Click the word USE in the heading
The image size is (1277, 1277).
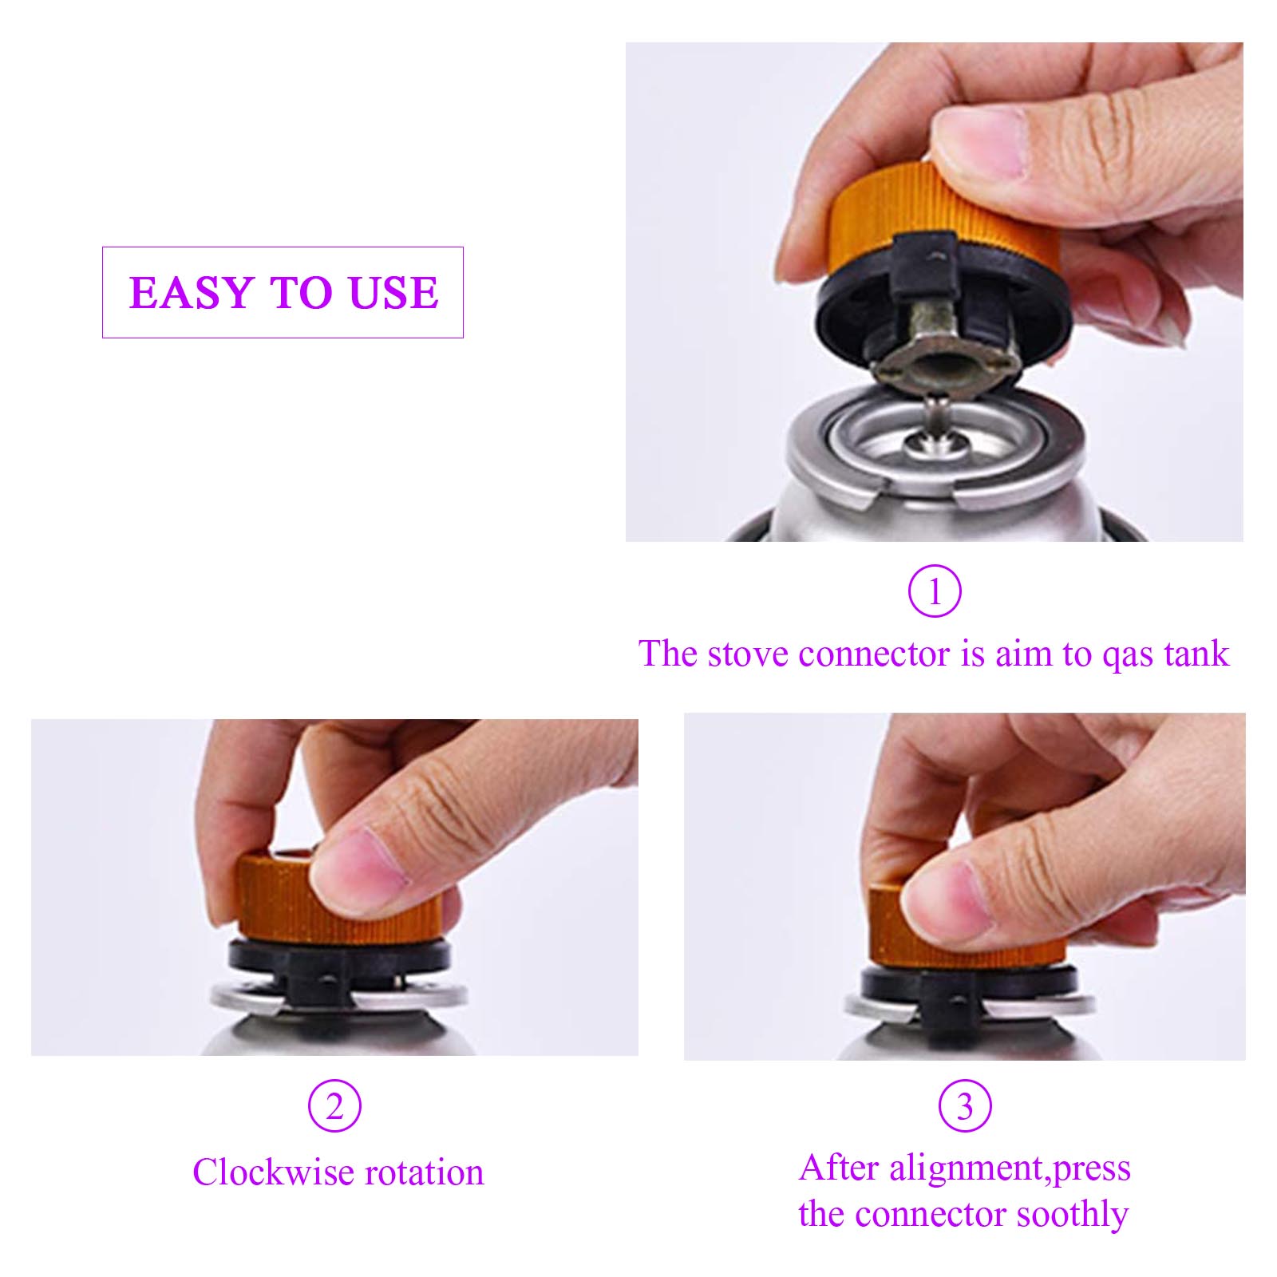pos(393,292)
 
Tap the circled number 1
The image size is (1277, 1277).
pos(935,591)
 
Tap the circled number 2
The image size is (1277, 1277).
pos(334,1106)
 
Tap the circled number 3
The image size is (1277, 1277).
pos(964,1106)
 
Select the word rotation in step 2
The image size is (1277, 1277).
pos(423,1172)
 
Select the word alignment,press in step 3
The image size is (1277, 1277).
pos(1010,1168)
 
